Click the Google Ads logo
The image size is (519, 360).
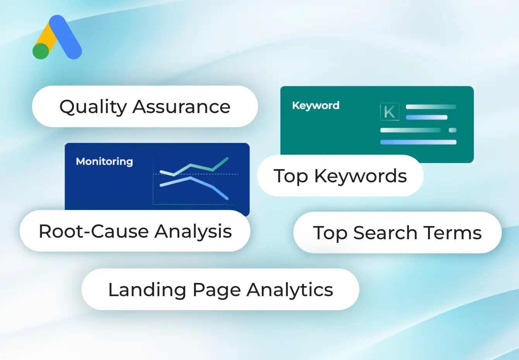click(57, 38)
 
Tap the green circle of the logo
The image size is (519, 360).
click(41, 51)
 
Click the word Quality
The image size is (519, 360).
click(93, 107)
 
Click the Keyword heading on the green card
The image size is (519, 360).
click(316, 105)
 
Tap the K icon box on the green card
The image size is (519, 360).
click(389, 112)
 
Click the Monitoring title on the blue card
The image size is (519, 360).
click(104, 161)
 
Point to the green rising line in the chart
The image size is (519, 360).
click(201, 167)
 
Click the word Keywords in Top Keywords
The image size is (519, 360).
click(361, 176)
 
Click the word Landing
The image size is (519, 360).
click(147, 290)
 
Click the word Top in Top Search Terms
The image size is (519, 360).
click(330, 233)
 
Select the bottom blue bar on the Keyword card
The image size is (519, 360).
click(418, 142)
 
